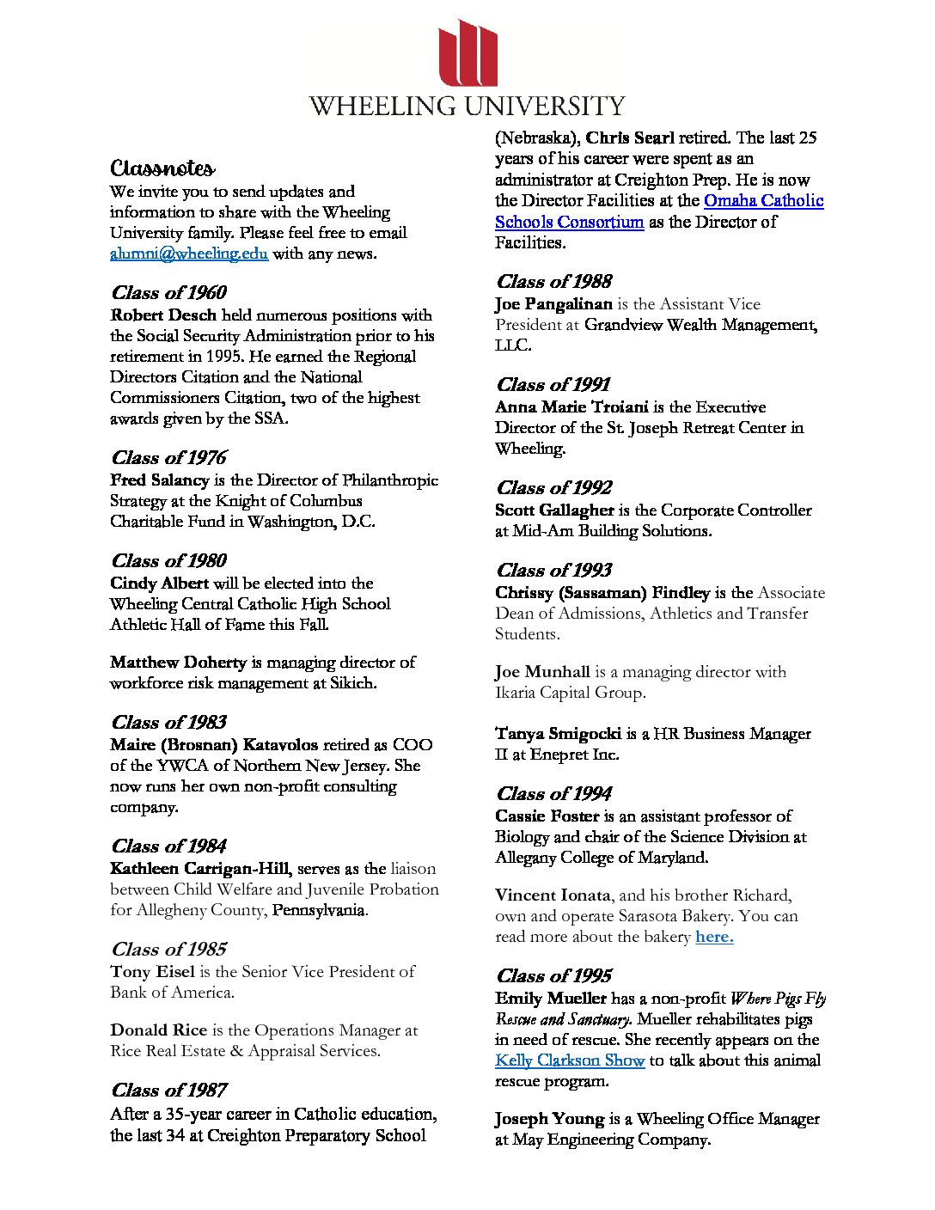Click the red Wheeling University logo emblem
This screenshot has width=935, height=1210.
click(x=468, y=53)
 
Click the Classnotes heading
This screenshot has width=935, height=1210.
click(x=162, y=168)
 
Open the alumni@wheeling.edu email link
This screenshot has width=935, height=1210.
click(x=189, y=254)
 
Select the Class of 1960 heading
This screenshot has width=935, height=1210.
click(x=169, y=292)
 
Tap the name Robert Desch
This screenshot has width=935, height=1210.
click(x=163, y=315)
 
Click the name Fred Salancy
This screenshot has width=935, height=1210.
click(x=160, y=480)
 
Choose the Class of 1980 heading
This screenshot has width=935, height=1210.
click(x=169, y=560)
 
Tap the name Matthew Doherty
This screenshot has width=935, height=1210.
click(x=178, y=663)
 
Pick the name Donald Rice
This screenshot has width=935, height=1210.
click(x=158, y=1030)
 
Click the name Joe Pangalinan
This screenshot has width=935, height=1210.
click(x=553, y=304)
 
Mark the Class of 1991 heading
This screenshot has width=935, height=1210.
click(x=553, y=384)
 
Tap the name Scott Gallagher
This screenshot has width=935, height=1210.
click(x=554, y=510)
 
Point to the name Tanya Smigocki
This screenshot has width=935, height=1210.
click(x=558, y=734)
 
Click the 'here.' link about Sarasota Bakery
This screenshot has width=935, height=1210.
click(x=714, y=937)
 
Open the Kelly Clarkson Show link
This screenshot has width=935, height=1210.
click(x=570, y=1060)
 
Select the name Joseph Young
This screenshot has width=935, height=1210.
click(x=549, y=1119)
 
